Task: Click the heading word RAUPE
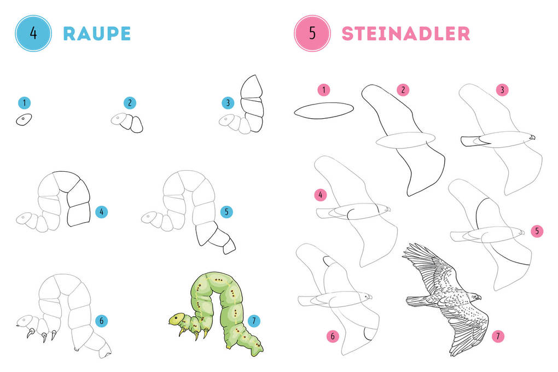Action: coord(97,34)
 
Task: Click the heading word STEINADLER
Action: coord(406,34)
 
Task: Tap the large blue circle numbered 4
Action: coord(33,33)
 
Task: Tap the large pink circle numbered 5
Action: coord(312,33)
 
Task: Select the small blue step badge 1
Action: coord(24,103)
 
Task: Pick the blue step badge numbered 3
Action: coord(228,103)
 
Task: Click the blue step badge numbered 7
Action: coord(254,321)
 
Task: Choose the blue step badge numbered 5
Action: coord(226,212)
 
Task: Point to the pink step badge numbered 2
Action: coord(403,90)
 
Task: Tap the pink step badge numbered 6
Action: coord(333,336)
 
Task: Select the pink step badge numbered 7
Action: coord(498,336)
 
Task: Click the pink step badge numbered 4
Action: coord(320,195)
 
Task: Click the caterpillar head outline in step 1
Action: coord(24,120)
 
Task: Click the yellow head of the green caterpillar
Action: coord(177,319)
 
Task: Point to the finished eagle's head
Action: coord(474,297)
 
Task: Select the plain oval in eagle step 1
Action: coord(324,111)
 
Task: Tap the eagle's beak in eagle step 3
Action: coord(532,137)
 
